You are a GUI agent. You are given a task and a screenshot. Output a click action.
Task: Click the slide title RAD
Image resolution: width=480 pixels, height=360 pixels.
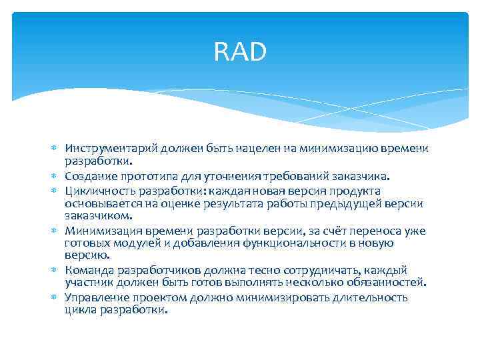240,51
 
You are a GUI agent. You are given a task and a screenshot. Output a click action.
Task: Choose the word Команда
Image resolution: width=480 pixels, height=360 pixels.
87,271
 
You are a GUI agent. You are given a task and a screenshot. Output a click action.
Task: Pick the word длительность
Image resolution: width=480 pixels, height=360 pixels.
371,298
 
